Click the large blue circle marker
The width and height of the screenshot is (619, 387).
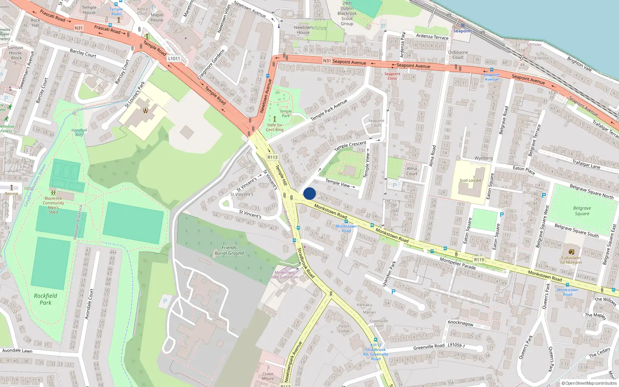coord(309,193)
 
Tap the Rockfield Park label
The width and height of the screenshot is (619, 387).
coord(45,299)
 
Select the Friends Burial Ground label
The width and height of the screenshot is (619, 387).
coord(229,250)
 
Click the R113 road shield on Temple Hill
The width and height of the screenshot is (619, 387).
coord(272,157)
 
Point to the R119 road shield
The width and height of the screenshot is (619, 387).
coord(479,260)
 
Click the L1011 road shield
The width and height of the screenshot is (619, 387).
coord(174,58)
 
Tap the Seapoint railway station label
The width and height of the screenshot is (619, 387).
coord(463,31)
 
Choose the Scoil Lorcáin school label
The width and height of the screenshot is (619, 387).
coord(470,180)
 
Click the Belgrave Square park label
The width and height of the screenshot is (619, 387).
coord(582,211)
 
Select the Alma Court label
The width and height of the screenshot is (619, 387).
coord(412,171)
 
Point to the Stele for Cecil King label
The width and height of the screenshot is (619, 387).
coord(275,127)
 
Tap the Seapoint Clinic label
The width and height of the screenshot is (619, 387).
coord(392,76)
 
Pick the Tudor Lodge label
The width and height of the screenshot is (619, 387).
coord(344,328)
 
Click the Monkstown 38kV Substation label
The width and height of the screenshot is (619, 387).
coord(284,275)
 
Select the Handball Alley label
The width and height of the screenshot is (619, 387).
coord(79,132)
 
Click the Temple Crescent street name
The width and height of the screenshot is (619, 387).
coord(350,145)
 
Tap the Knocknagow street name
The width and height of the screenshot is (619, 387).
coord(460,323)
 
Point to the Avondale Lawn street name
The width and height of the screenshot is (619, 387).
coord(17,351)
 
